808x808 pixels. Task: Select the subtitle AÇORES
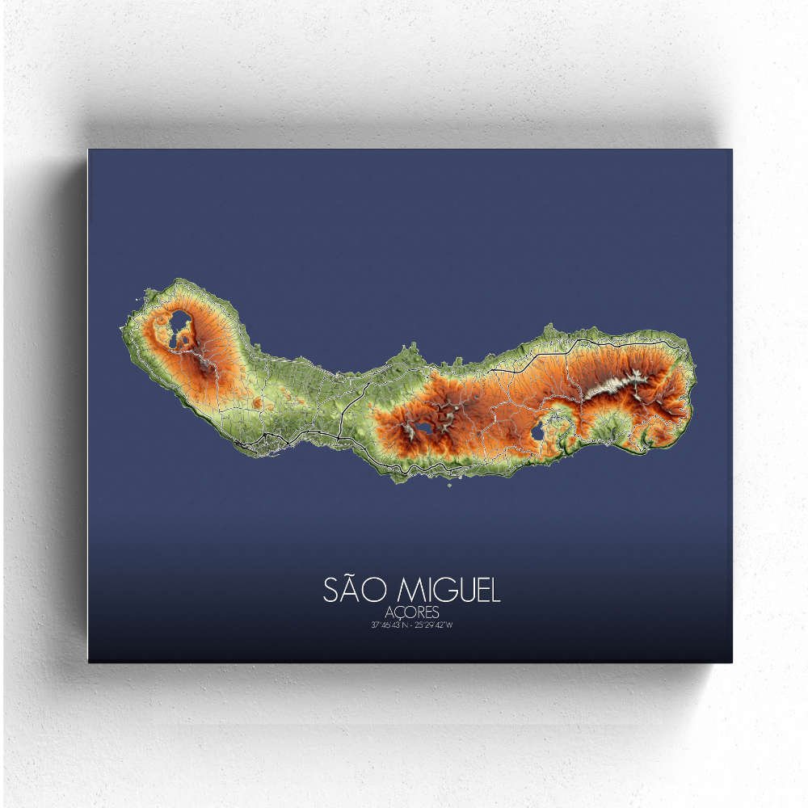point(411,612)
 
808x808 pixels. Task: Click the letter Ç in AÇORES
point(398,613)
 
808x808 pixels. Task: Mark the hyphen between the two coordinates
point(412,625)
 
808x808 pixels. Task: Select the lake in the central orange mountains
point(423,427)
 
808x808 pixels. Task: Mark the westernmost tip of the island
point(122,318)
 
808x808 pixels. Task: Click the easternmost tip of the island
point(694,380)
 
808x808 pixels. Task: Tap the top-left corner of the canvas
point(88,149)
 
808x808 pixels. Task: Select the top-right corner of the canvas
point(732,148)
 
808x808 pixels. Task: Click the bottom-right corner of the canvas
point(732,663)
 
